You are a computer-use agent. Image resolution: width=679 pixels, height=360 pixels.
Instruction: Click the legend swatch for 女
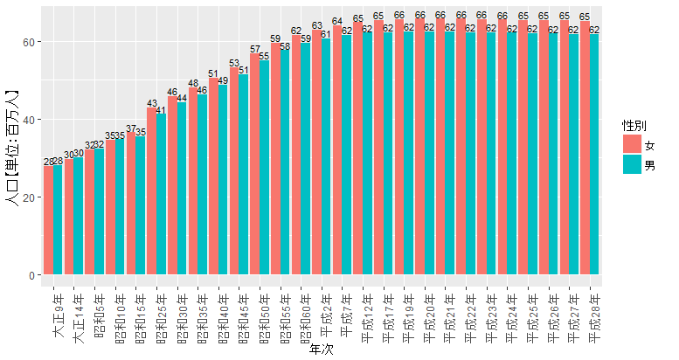point(631,143)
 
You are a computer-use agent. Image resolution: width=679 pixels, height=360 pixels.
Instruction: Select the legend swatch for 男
point(631,163)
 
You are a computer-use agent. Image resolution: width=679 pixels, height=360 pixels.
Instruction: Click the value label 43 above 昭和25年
point(152,103)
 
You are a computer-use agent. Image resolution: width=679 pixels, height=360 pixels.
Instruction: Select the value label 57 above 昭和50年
point(255,50)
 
